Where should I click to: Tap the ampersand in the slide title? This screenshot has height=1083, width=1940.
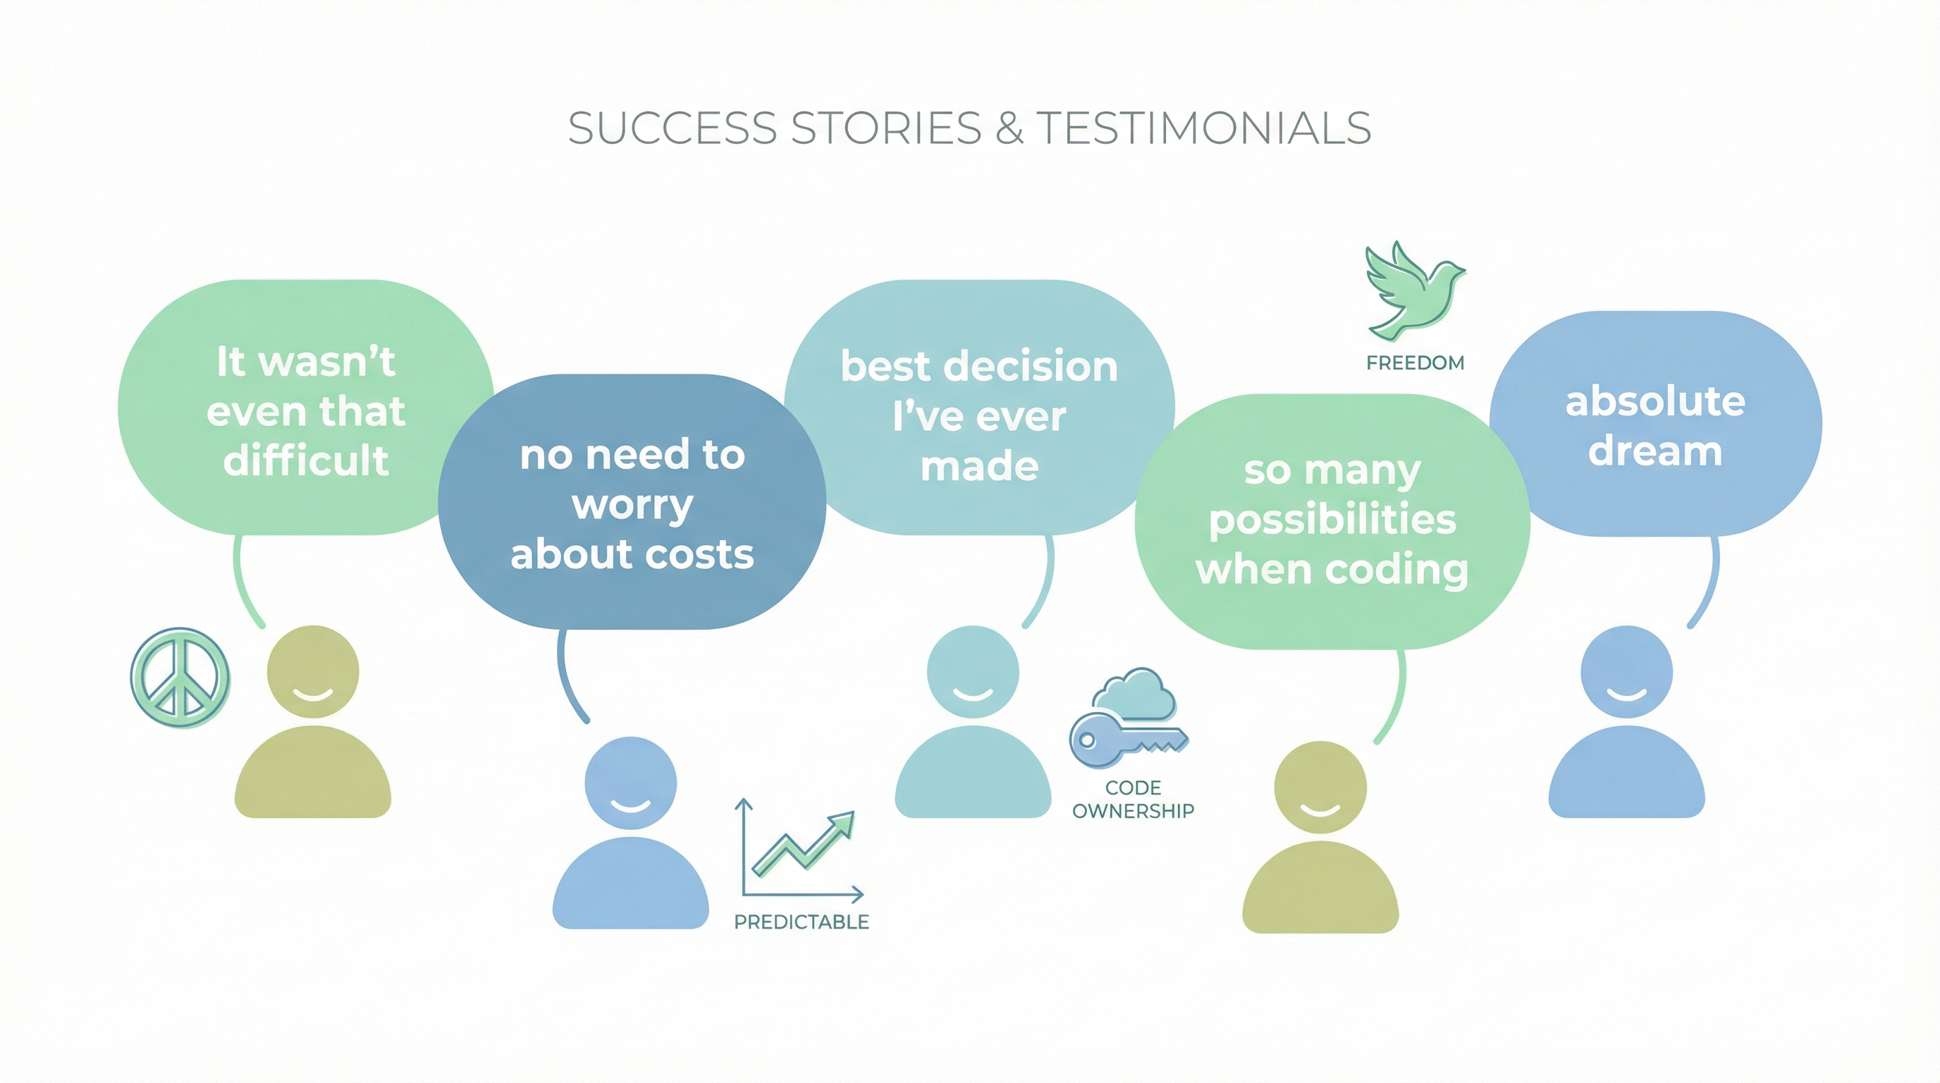click(1009, 129)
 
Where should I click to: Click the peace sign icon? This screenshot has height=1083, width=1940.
click(180, 677)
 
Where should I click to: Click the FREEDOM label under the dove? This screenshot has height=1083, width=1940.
click(1415, 363)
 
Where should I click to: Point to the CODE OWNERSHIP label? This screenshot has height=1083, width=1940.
click(1133, 799)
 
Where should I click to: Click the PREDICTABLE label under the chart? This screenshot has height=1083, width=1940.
click(802, 922)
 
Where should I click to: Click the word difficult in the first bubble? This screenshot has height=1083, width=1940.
click(306, 460)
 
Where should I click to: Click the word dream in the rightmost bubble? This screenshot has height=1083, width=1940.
click(1654, 451)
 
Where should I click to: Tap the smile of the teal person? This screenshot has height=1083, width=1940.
click(972, 694)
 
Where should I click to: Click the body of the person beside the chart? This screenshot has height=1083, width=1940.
click(630, 885)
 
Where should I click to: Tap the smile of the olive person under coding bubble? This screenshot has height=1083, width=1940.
click(1320, 810)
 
